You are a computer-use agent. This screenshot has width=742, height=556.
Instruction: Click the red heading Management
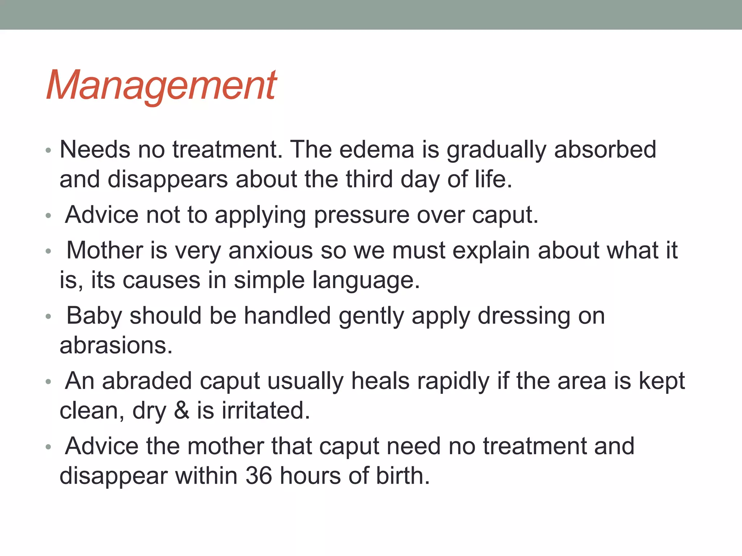click(162, 86)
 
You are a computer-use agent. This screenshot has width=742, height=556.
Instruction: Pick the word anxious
click(270, 250)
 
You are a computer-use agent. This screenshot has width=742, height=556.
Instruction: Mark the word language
click(363, 281)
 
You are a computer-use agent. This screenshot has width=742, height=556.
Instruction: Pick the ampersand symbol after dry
click(182, 411)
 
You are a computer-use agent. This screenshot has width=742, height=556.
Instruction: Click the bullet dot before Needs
click(49, 150)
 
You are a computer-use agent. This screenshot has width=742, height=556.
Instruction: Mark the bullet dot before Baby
click(49, 316)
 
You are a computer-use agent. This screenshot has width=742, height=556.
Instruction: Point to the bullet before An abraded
click(49, 382)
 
